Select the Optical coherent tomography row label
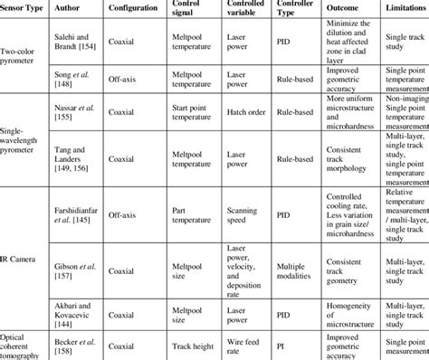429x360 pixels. pos(27,345)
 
